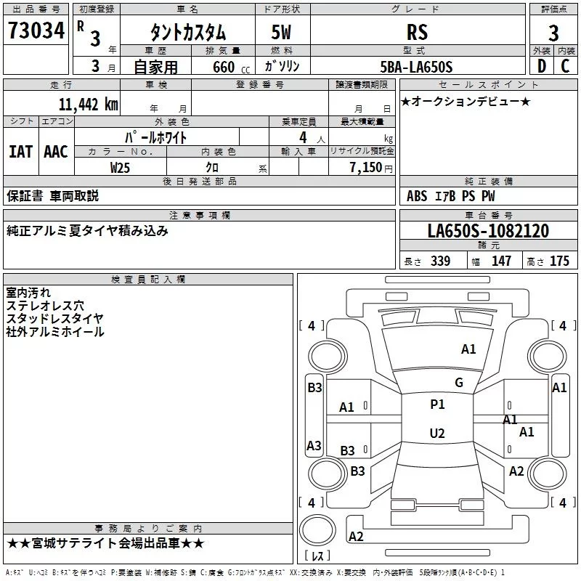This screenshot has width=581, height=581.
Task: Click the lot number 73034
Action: (36, 31)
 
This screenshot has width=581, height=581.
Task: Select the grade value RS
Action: (417, 32)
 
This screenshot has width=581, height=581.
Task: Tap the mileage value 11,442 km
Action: (89, 104)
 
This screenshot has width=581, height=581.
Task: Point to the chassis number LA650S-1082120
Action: (488, 230)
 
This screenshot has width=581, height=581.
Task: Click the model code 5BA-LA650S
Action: (416, 67)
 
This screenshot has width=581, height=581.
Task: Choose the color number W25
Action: (120, 168)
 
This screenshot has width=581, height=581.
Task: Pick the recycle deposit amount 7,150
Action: (366, 167)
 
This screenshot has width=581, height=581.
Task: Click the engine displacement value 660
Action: (224, 67)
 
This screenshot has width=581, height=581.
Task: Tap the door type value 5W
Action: (281, 32)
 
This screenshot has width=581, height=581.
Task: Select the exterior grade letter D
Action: (542, 66)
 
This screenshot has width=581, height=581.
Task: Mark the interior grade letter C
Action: (565, 66)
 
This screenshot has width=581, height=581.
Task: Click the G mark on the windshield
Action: (459, 382)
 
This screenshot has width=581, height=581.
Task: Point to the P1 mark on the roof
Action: (437, 404)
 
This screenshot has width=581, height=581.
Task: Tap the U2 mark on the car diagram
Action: (437, 433)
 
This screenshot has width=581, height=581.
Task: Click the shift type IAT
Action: (20, 152)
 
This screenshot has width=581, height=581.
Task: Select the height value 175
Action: (559, 261)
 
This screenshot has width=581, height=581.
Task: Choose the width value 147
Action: (501, 261)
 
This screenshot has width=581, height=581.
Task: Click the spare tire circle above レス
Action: (317, 530)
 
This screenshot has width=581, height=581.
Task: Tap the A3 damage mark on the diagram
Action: (314, 445)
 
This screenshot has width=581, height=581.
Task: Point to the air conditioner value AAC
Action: (56, 152)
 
